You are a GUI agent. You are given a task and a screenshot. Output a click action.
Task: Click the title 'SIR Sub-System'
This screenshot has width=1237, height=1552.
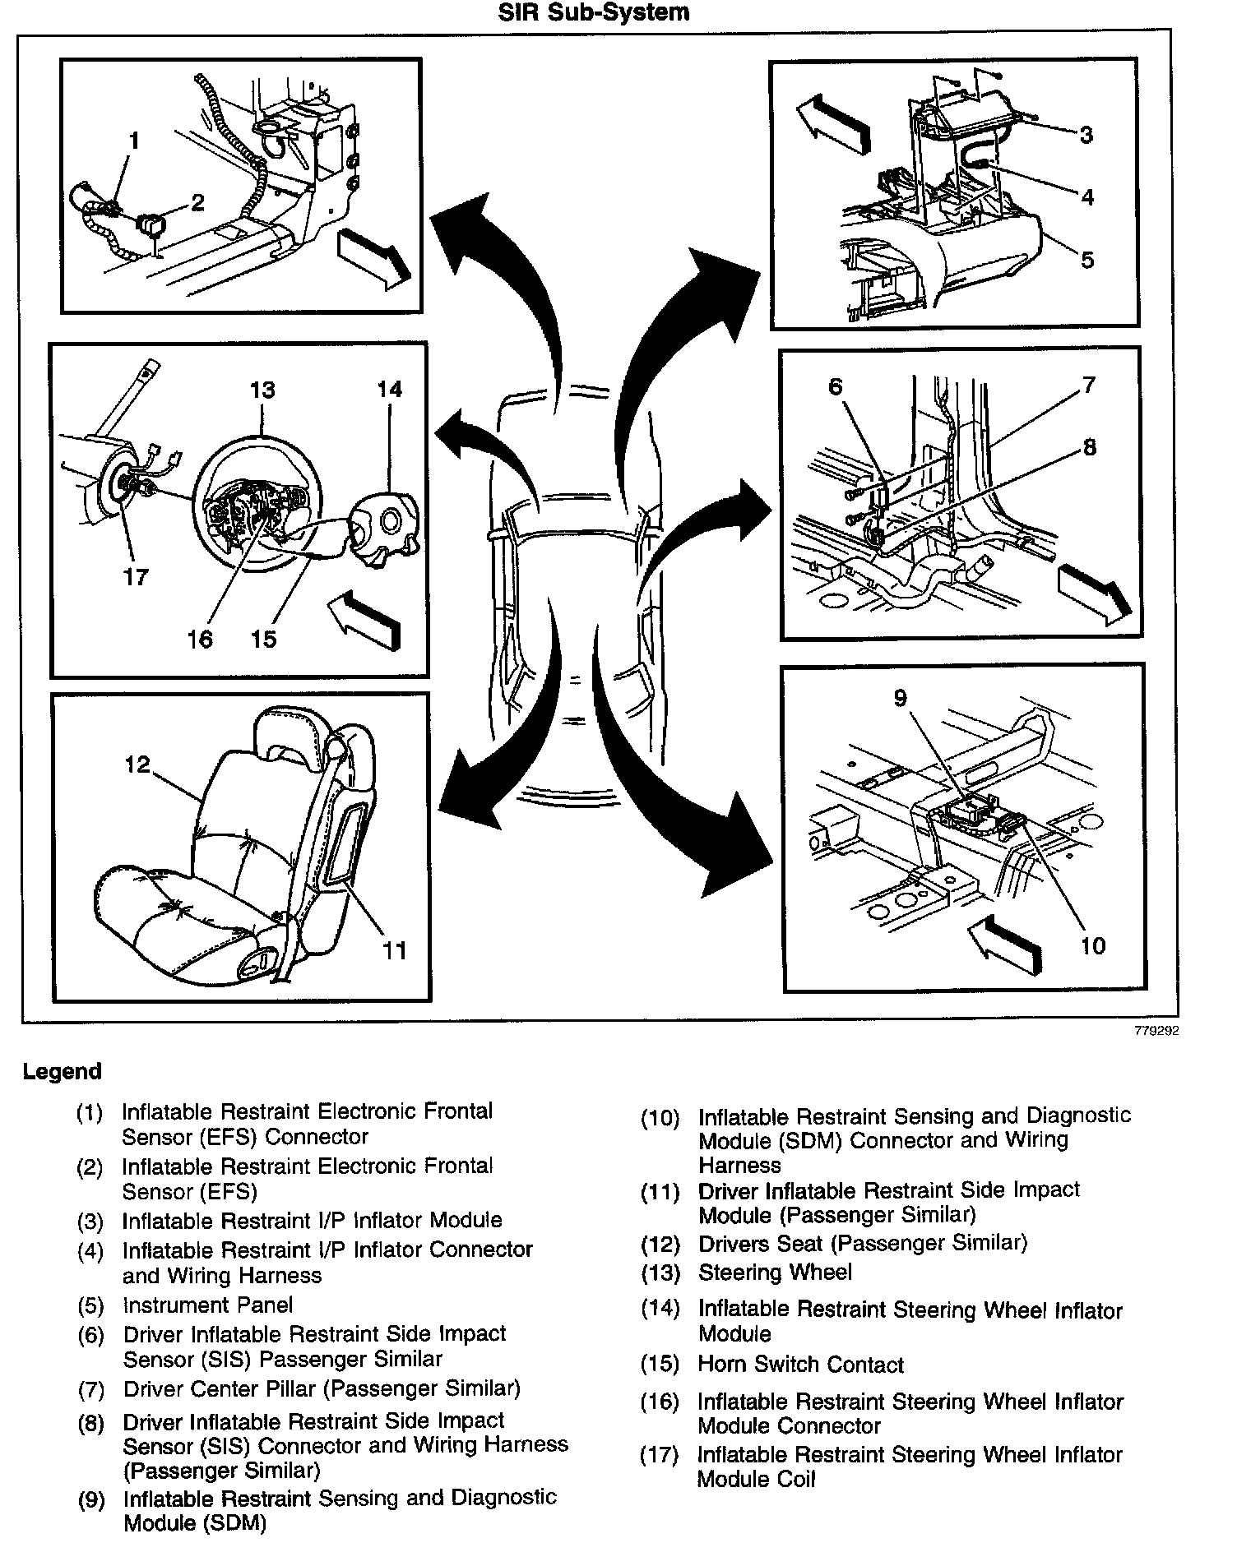pyautogui.click(x=593, y=13)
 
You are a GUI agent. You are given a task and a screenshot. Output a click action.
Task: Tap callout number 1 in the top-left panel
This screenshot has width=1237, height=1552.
pyautogui.click(x=134, y=141)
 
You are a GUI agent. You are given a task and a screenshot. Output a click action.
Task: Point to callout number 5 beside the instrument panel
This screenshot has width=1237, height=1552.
pyautogui.click(x=1087, y=261)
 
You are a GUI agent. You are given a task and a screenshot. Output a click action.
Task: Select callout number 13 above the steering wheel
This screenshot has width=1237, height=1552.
pyautogui.click(x=262, y=390)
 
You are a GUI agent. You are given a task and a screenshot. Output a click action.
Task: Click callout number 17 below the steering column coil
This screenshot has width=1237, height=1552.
pyautogui.click(x=136, y=577)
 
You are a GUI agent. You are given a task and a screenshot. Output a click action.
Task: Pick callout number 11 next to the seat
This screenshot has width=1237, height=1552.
pyautogui.click(x=395, y=951)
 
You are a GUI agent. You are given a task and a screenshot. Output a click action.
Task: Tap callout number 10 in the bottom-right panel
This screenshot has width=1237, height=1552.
pyautogui.click(x=1092, y=946)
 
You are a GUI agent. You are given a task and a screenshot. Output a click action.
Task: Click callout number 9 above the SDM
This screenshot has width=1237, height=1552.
pyautogui.click(x=901, y=699)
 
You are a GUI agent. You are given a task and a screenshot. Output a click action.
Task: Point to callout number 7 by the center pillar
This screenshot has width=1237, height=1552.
pyautogui.click(x=1089, y=384)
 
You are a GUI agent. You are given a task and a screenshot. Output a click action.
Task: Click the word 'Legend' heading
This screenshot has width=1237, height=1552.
pyautogui.click(x=63, y=1072)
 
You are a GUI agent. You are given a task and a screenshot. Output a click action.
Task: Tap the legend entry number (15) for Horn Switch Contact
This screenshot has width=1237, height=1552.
pyautogui.click(x=660, y=1365)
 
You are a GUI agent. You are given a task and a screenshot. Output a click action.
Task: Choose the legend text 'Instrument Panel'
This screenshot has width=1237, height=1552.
pyautogui.click(x=207, y=1305)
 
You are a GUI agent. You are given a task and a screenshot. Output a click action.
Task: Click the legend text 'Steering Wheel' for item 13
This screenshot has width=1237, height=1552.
pyautogui.click(x=775, y=1273)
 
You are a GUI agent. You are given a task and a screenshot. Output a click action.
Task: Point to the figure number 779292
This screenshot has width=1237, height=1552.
pyautogui.click(x=1156, y=1032)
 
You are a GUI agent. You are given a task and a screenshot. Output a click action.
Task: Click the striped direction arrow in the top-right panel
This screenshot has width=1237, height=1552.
pyautogui.click(x=834, y=122)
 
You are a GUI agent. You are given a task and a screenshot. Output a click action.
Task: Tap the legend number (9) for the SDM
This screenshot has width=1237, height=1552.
pyautogui.click(x=91, y=1501)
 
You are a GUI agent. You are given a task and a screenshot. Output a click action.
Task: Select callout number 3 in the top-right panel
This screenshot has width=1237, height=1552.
pyautogui.click(x=1086, y=135)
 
